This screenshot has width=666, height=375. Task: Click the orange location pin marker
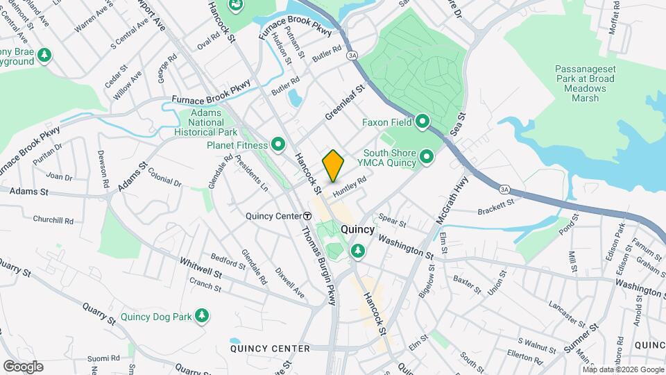pos(334,165)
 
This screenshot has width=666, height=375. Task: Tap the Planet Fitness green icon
pos(278,144)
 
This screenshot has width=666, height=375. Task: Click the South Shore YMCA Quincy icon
pos(427,158)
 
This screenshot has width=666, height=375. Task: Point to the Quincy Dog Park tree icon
pos(202,317)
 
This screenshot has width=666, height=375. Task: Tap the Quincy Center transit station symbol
pos(307,216)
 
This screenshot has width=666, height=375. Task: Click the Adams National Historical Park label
pos(206,122)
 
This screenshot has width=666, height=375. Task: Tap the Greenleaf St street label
pos(345,103)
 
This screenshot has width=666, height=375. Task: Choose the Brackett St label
pos(496,206)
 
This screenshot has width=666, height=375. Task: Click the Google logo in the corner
pos(23,366)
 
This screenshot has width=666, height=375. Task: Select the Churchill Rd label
pos(53,219)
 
